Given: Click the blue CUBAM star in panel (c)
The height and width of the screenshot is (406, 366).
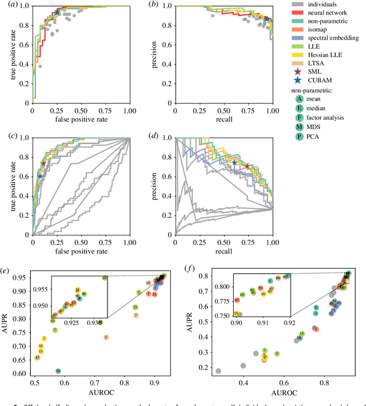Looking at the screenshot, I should [x=40, y=176].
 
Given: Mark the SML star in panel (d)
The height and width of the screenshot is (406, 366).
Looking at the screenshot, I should [x=248, y=167].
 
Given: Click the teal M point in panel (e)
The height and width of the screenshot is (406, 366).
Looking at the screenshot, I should [x=58, y=371].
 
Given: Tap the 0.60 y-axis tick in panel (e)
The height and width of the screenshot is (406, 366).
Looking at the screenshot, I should [x=19, y=373].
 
